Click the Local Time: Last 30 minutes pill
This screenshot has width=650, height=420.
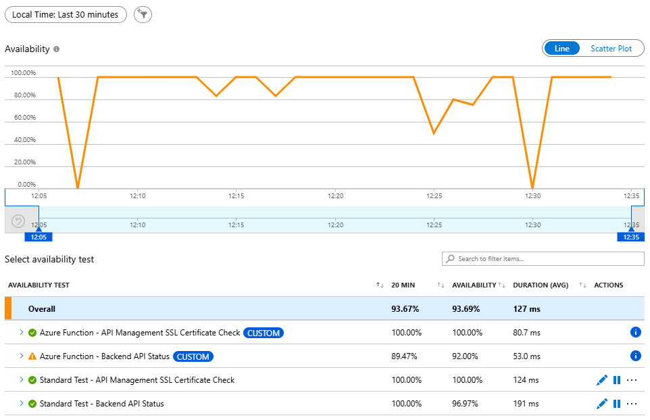pos(66,14)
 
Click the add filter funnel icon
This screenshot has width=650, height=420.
pos(143,14)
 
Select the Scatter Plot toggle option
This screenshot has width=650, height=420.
pos(611,49)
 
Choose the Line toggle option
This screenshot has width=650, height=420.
pos(562,49)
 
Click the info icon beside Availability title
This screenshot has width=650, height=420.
pos(57,49)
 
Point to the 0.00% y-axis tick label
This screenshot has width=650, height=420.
pos(26,184)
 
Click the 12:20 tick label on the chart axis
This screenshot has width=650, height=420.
pos(335,196)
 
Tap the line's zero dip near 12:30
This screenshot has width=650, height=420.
pos(533,187)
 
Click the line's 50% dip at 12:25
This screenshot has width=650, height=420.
pos(434,133)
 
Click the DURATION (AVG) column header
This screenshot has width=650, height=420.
pos(540,285)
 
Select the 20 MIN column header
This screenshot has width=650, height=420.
pos(404,285)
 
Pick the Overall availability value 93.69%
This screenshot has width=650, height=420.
pos(466,309)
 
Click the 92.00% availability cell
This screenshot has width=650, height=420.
pos(466,356)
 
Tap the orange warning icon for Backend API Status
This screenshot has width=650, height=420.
pos(32,356)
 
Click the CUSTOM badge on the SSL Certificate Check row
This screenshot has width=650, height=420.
pos(264,333)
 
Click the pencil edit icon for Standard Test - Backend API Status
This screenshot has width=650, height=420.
pos(602,404)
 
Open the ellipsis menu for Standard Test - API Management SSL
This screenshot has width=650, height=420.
pos(632,380)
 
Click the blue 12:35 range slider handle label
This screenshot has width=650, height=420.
pos(630,237)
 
